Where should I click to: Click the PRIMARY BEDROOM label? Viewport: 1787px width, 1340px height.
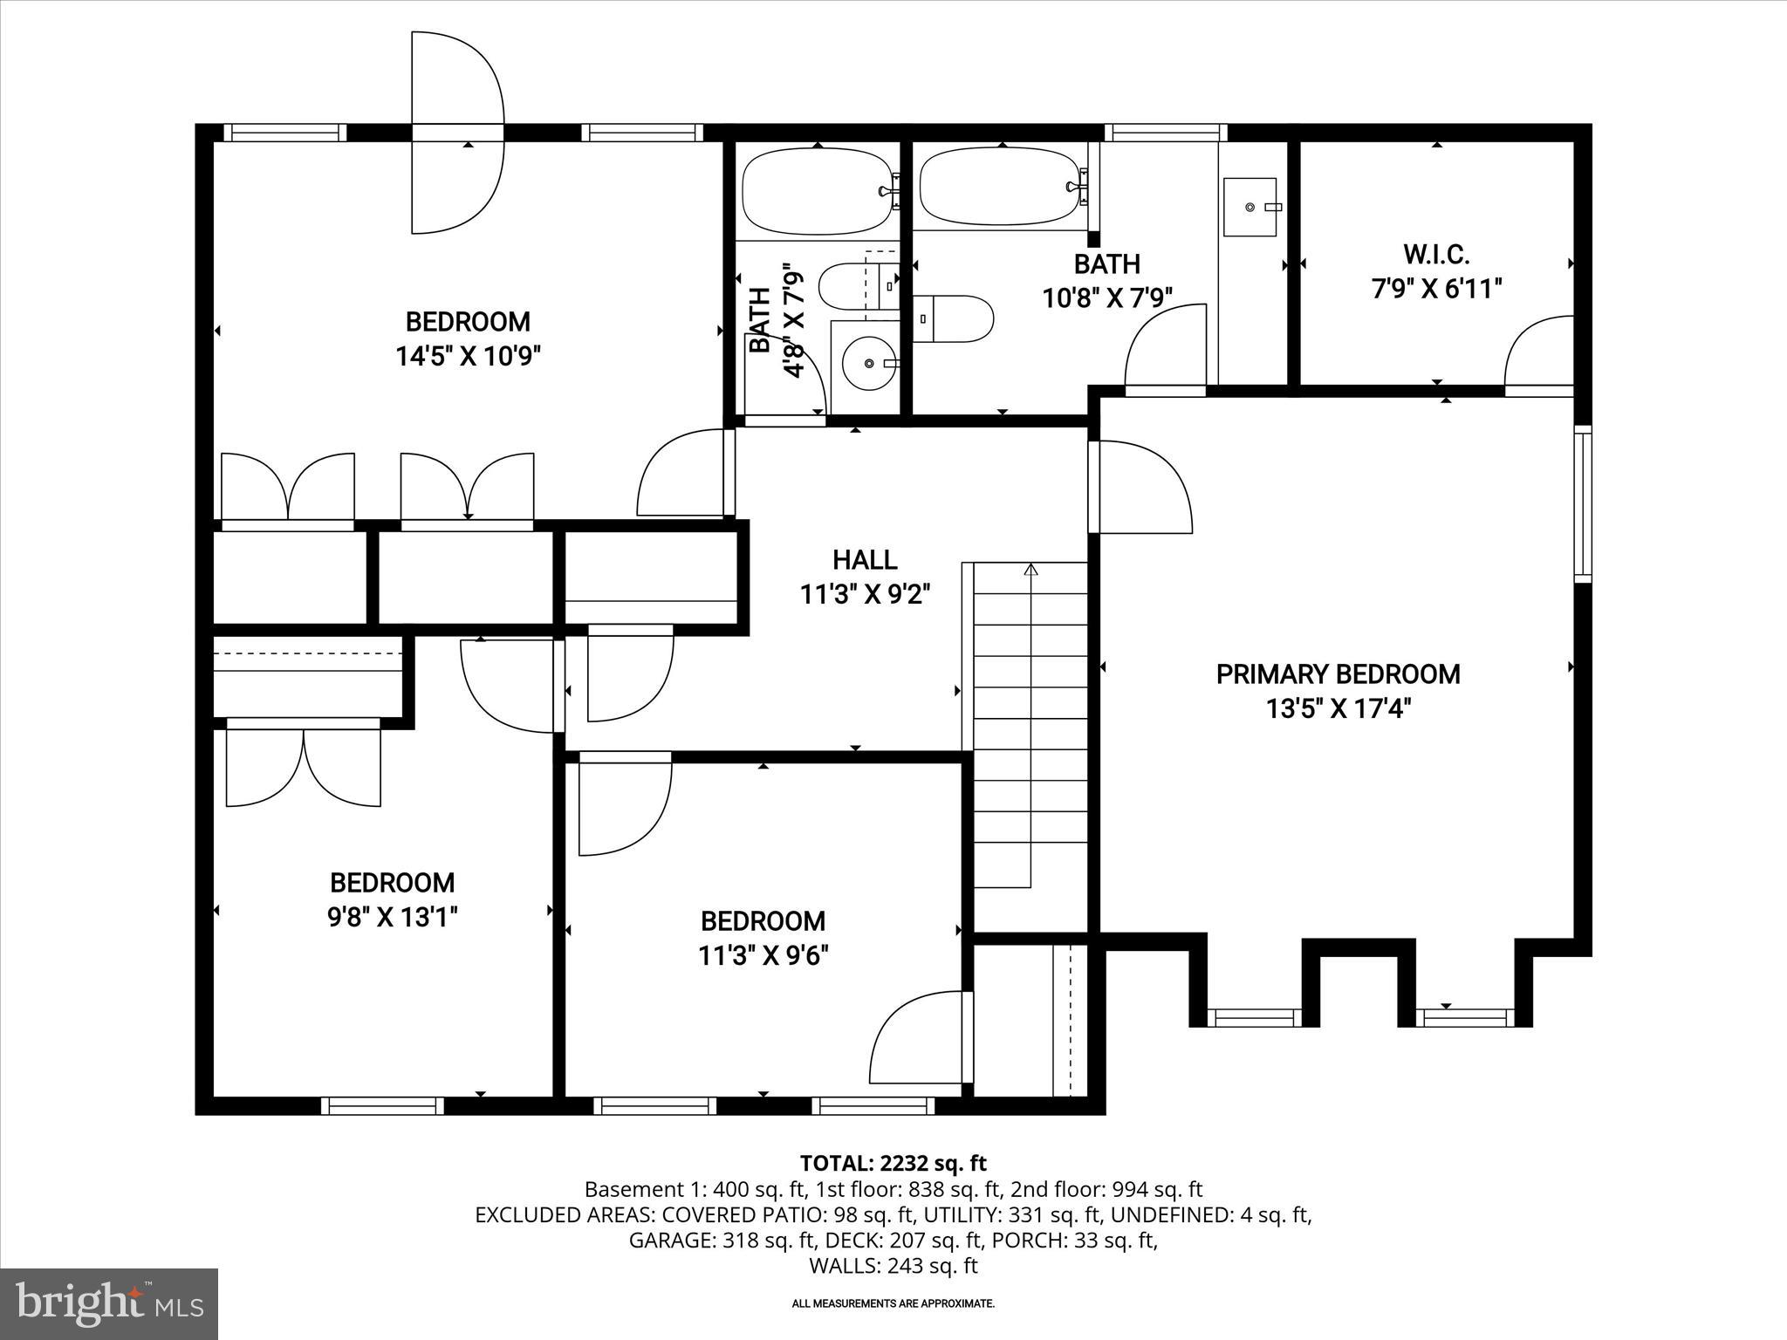click(x=1337, y=674)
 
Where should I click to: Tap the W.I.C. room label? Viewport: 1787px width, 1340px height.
click(x=1436, y=255)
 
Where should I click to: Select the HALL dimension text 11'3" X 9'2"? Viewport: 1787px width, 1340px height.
click(x=865, y=595)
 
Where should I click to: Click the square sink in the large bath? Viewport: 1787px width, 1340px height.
click(x=1250, y=208)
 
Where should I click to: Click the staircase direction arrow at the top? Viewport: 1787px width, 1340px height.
click(x=1031, y=571)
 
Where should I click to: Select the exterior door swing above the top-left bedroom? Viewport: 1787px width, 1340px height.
click(x=458, y=133)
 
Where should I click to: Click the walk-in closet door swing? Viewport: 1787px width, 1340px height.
click(x=1537, y=353)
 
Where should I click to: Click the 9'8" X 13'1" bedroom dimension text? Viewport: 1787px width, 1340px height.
click(x=393, y=917)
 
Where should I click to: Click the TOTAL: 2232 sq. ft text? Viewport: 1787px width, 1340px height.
click(x=893, y=1163)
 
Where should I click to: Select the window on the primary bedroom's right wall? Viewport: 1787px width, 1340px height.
click(x=1582, y=503)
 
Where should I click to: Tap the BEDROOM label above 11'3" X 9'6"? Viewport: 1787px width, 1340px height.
click(x=763, y=921)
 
